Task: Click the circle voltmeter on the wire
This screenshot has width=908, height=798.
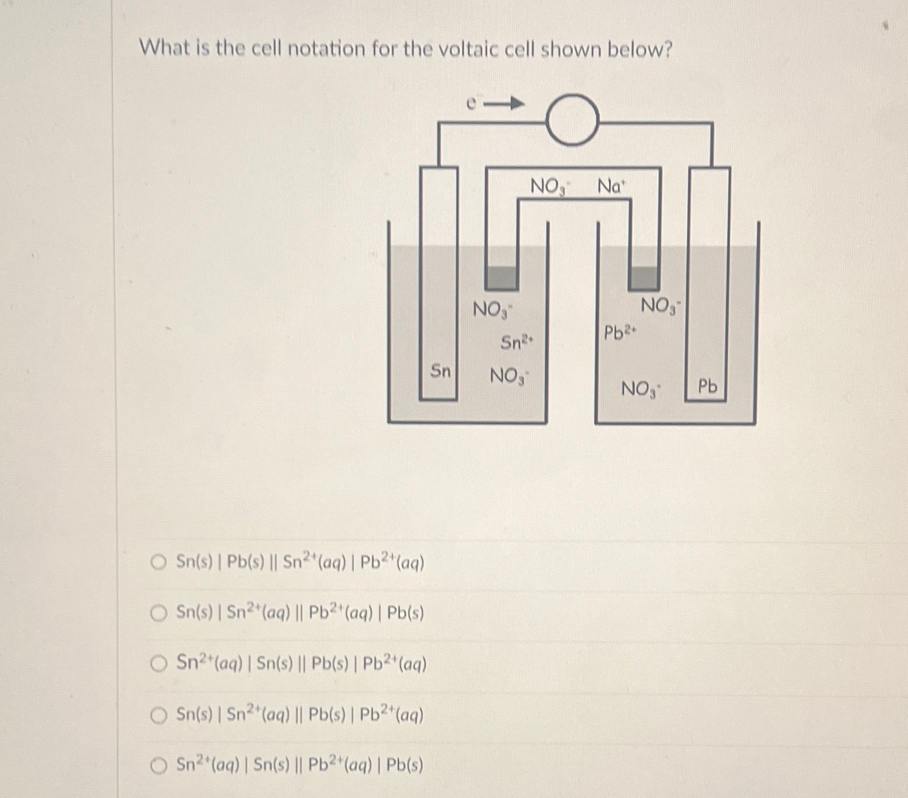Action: tap(573, 120)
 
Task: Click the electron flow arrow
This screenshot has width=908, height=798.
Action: tap(504, 104)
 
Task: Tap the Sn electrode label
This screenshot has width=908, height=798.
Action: tap(440, 371)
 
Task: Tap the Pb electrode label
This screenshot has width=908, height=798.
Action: tap(708, 386)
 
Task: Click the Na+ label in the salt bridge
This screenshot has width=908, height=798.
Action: tap(611, 187)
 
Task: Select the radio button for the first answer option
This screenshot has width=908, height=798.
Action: tap(158, 563)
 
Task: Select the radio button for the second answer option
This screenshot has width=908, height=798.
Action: tap(158, 613)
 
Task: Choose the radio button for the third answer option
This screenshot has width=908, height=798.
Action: tap(158, 664)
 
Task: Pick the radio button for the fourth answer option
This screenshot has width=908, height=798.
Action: tap(158, 715)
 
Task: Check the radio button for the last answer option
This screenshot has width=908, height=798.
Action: tap(158, 765)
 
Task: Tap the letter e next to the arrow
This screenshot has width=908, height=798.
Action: tap(472, 104)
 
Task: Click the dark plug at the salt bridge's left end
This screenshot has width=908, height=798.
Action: tap(501, 279)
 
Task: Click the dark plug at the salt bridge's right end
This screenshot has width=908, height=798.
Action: tap(644, 278)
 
